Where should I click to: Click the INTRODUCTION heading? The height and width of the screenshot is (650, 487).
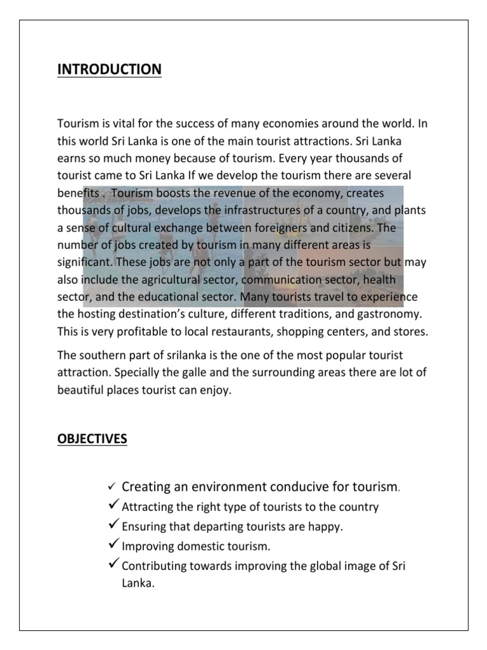(109, 69)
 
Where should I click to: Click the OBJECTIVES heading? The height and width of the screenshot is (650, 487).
(93, 439)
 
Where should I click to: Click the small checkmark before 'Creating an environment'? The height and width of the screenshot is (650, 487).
(110, 487)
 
